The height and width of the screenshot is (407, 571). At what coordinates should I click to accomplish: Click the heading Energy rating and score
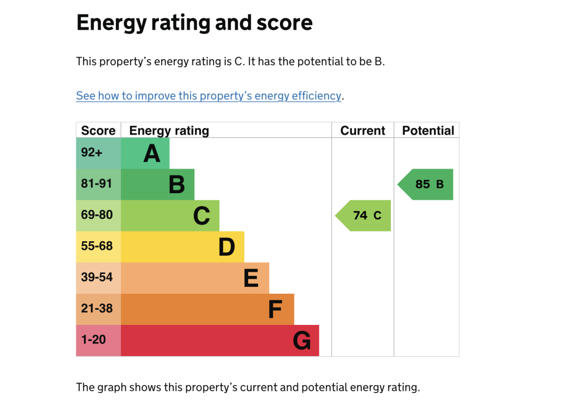pyautogui.click(x=194, y=23)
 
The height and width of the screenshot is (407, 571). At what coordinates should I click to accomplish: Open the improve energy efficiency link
pyautogui.click(x=208, y=95)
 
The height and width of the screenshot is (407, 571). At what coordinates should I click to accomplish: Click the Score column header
pyautogui.click(x=98, y=131)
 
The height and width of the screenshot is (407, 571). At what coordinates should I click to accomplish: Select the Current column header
pyautogui.click(x=362, y=131)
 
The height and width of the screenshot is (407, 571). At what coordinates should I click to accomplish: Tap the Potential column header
pyautogui.click(x=428, y=131)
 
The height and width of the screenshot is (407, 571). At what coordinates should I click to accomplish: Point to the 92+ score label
pyautogui.click(x=92, y=152)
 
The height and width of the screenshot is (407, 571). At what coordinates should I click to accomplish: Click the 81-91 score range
pyautogui.click(x=96, y=183)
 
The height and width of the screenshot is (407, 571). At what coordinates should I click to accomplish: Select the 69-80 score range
pyautogui.click(x=96, y=214)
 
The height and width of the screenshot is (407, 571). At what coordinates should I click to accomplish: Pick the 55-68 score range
pyautogui.click(x=96, y=246)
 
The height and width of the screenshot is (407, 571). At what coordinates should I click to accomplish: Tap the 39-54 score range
pyautogui.click(x=96, y=277)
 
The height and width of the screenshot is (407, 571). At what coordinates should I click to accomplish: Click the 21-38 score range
pyautogui.click(x=96, y=308)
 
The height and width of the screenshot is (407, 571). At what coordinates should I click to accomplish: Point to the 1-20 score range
pyautogui.click(x=93, y=339)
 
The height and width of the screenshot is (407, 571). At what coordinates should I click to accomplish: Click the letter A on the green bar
pyautogui.click(x=152, y=154)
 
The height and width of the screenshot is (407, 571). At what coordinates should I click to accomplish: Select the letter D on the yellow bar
pyautogui.click(x=226, y=247)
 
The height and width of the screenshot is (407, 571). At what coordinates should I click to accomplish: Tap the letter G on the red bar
pyautogui.click(x=302, y=341)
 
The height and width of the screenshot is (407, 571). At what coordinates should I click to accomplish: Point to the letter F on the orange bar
pyautogui.click(x=275, y=309)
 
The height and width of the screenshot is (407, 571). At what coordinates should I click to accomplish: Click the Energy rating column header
pyautogui.click(x=169, y=131)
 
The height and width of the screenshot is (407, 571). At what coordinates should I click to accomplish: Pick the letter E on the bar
pyautogui.click(x=251, y=278)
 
